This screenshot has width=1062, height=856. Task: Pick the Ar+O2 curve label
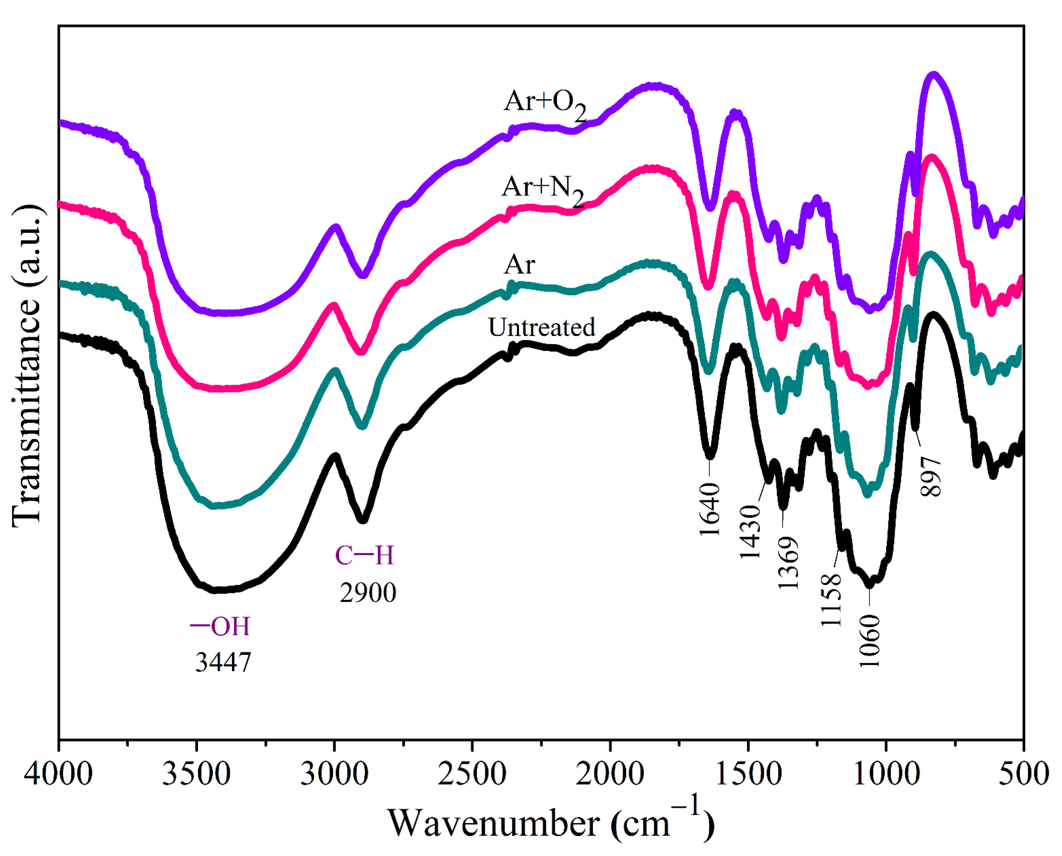click(544, 104)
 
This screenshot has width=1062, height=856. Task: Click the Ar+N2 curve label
click(542, 189)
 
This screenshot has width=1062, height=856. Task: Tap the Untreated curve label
click(541, 327)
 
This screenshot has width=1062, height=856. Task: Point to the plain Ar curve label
click(519, 265)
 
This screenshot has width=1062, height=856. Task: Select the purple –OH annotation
click(220, 627)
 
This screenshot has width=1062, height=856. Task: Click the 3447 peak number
click(223, 662)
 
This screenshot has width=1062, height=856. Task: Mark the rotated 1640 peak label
click(710, 509)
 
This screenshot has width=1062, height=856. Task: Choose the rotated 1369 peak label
click(788, 563)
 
